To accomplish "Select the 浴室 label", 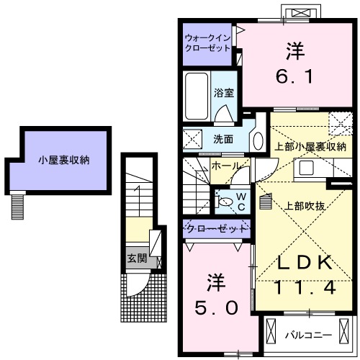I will (223, 93).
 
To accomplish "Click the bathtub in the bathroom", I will (196, 96).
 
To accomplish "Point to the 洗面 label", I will (222, 138).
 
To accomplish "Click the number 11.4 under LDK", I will (295, 289).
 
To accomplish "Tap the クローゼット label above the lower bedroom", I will (216, 229).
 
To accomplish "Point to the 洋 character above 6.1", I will (295, 51).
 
